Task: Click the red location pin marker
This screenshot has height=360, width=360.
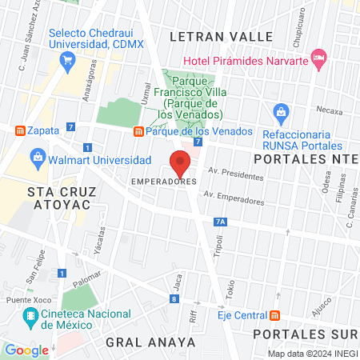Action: [x=181, y=162]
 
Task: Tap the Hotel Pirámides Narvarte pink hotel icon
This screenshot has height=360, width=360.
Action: [x=319, y=57]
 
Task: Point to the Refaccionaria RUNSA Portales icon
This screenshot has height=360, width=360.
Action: [x=280, y=111]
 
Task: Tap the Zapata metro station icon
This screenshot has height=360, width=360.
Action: [x=19, y=130]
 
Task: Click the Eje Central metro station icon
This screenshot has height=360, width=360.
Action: [x=275, y=314]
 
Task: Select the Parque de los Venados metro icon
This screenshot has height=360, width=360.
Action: [x=138, y=131]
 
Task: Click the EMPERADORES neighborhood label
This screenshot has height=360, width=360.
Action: [x=164, y=182]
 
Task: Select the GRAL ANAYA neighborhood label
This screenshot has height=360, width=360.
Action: [x=150, y=342]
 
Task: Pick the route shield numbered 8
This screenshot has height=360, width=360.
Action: [x=174, y=299]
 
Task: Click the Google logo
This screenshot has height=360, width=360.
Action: [x=26, y=350]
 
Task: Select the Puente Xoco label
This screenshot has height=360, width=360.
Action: [x=25, y=299]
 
